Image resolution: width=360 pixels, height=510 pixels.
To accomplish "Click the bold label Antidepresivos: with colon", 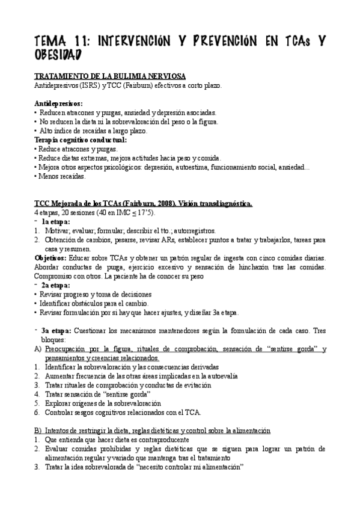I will click(x=58, y=103).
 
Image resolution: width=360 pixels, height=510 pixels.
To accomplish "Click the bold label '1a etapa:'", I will click(x=56, y=222).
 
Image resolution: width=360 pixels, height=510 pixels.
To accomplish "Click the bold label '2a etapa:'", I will click(x=56, y=285).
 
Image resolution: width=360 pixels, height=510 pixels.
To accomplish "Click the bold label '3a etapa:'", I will click(x=57, y=330).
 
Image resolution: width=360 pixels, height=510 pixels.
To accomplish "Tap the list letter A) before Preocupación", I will click(x=38, y=349).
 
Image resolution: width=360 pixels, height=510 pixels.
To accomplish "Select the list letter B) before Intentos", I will click(x=38, y=431).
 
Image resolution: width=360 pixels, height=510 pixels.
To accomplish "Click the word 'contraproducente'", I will click(x=168, y=440).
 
